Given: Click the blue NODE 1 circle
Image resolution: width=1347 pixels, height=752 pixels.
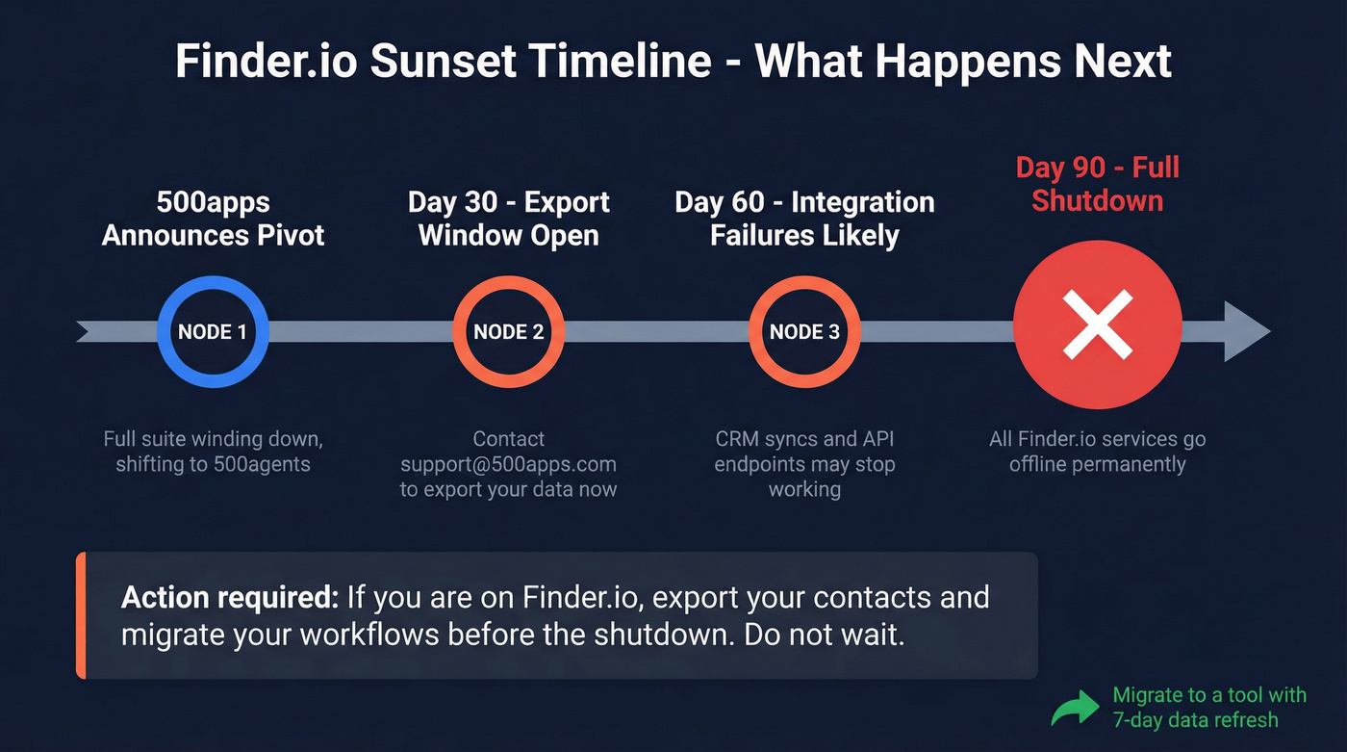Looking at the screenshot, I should coord(213,332).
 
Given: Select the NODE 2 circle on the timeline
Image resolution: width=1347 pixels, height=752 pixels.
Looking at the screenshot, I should coord(508,332).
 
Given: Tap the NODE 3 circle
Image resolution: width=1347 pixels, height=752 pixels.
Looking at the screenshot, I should coord(804,332).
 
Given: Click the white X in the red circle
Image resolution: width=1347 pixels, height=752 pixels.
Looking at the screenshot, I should coord(1097,324).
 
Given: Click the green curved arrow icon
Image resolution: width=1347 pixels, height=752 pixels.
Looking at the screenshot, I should coord(1074,709).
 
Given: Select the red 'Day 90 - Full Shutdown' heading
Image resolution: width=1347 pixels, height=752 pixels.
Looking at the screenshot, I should coord(1097,184).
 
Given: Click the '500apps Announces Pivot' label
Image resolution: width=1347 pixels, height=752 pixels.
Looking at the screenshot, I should coord(213,220).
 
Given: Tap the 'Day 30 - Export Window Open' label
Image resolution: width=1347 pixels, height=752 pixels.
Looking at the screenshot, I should coord(508,220).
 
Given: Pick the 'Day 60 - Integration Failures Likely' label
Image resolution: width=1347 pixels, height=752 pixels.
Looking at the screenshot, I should coord(804,220).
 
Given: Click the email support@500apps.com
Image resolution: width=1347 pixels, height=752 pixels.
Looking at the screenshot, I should coord(508,464).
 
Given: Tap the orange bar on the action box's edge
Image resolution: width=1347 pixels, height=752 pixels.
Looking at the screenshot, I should coord(81,615).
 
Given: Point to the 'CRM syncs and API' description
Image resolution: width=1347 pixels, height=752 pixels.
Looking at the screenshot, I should coord(804,439).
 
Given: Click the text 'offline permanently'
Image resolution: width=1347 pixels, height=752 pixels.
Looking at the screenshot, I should coord(1097,464).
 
